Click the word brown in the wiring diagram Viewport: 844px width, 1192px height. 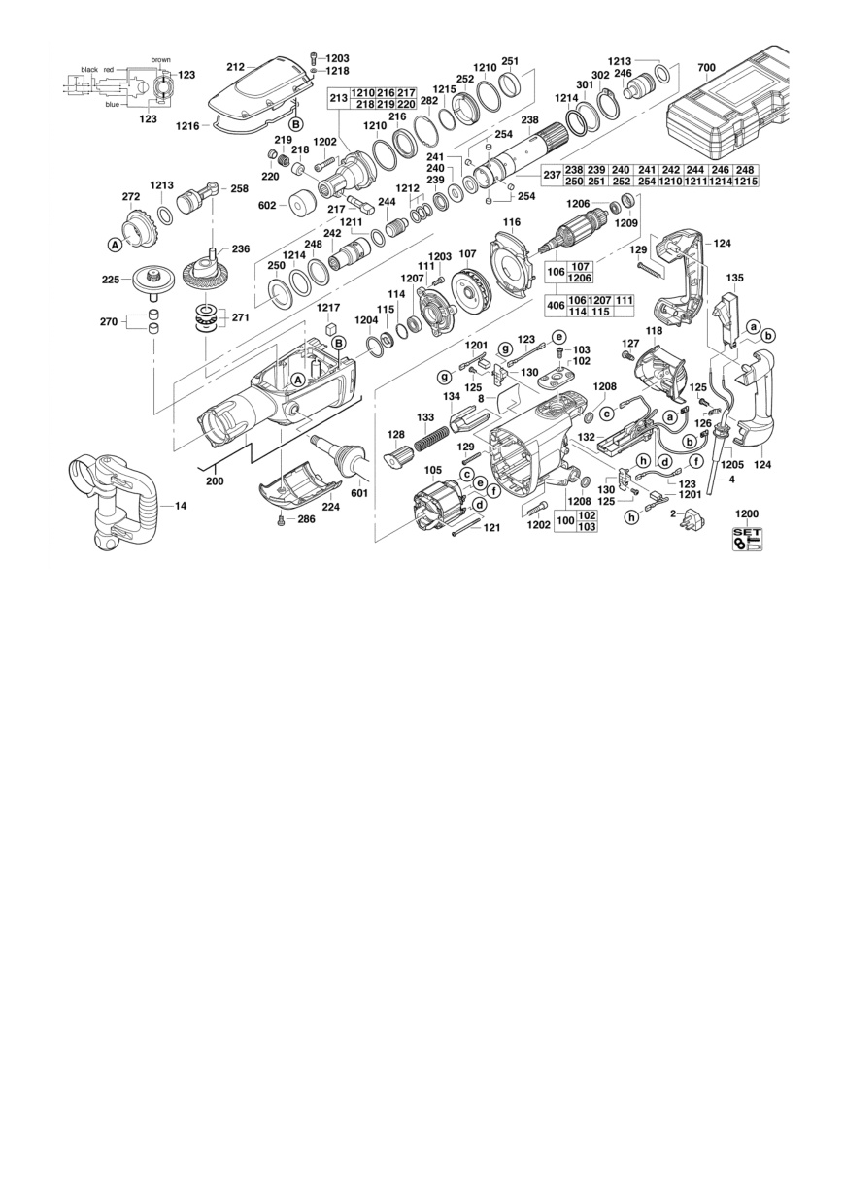pyautogui.click(x=161, y=60)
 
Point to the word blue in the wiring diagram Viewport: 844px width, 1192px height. pyautogui.click(x=113, y=104)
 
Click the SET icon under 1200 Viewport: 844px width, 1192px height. pyautogui.click(x=748, y=538)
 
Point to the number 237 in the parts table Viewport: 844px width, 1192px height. pyautogui.click(x=553, y=175)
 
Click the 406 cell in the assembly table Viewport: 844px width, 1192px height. pyautogui.click(x=556, y=306)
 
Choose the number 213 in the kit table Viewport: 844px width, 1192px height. pyautogui.click(x=339, y=98)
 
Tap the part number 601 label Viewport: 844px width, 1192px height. pyautogui.click(x=359, y=493)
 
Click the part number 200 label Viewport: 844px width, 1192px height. pyautogui.click(x=215, y=481)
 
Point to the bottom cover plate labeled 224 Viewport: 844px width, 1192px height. pyautogui.click(x=299, y=483)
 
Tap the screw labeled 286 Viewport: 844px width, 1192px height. pyautogui.click(x=280, y=520)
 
